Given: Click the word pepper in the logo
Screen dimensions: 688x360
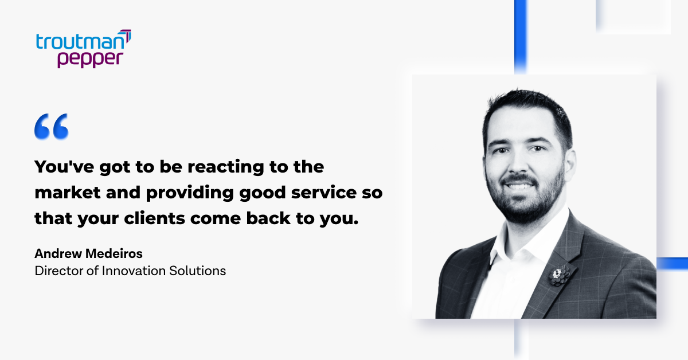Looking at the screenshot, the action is pos(91,59).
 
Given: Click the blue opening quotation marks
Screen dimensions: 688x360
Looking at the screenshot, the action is pos(51,127).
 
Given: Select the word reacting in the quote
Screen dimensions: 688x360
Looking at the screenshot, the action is pos(226,167).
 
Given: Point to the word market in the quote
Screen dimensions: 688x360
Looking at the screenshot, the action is pos(68,193).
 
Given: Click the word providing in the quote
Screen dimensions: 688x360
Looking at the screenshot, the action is pos(190,194).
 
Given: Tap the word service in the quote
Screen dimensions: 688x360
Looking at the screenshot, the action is pos(324,193).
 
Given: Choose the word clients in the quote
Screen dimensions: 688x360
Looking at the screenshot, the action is pos(154,218).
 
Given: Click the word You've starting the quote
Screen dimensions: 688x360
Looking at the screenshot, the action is pos(64,167).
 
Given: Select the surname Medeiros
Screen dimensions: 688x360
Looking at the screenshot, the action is pos(114,253).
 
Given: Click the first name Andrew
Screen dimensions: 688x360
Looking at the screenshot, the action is pos(58,253).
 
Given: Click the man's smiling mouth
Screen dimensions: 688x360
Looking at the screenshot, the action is pos(518,185).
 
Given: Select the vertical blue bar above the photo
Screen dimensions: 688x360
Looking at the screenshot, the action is pos(521,36).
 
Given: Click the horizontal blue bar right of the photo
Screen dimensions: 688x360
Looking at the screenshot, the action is pos(673,264).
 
